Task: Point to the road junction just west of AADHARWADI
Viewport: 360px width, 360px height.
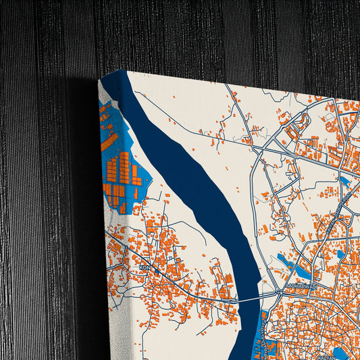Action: [x=278, y=292]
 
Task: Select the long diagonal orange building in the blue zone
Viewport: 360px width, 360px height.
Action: [x=109, y=142]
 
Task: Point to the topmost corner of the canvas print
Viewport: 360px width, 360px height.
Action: [x=124, y=70]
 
